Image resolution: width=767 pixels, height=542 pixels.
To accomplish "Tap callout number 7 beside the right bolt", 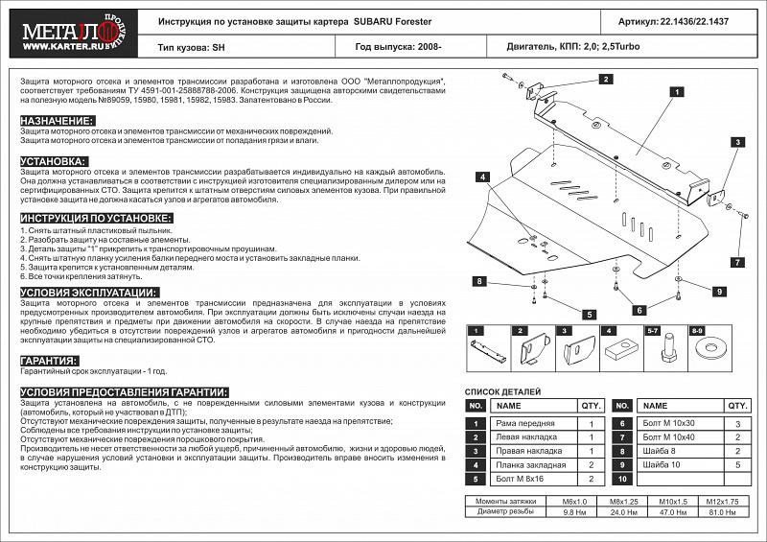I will (x=737, y=262).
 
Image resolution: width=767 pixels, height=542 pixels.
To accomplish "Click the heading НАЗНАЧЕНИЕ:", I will (x=57, y=120).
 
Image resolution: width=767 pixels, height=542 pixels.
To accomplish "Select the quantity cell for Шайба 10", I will (x=735, y=464).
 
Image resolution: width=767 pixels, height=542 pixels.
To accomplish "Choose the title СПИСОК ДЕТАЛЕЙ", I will (x=502, y=391).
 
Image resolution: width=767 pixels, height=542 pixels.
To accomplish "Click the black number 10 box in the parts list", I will (x=621, y=478).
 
